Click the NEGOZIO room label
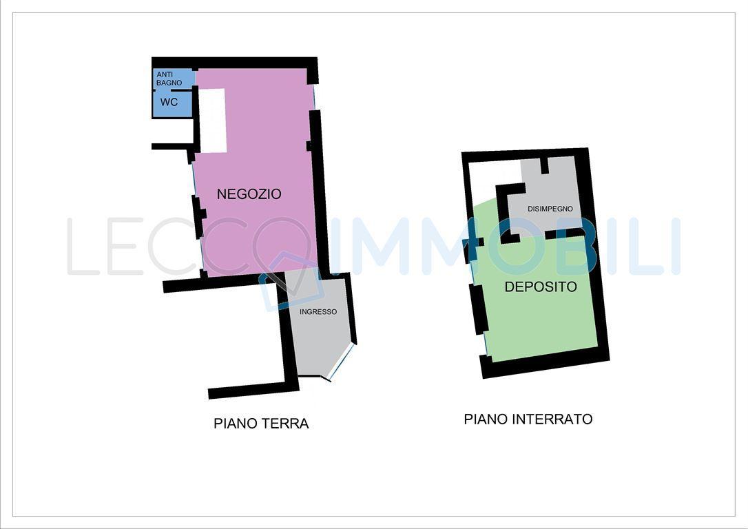pyautogui.click(x=249, y=194)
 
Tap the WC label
pyautogui.click(x=169, y=102)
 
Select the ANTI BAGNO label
pyautogui.click(x=169, y=79)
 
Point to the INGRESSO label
pyautogui.click(x=318, y=312)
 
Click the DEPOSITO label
pyautogui.click(x=541, y=287)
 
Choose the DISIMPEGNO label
pyautogui.click(x=550, y=209)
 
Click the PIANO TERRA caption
pyautogui.click(x=261, y=424)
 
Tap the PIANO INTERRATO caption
pyautogui.click(x=528, y=419)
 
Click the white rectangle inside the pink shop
pyautogui.click(x=212, y=121)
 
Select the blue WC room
pyautogui.click(x=172, y=103)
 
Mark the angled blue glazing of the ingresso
pyautogui.click(x=342, y=362)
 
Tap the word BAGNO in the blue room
pyautogui.click(x=169, y=83)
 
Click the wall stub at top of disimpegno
pyautogui.click(x=544, y=165)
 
